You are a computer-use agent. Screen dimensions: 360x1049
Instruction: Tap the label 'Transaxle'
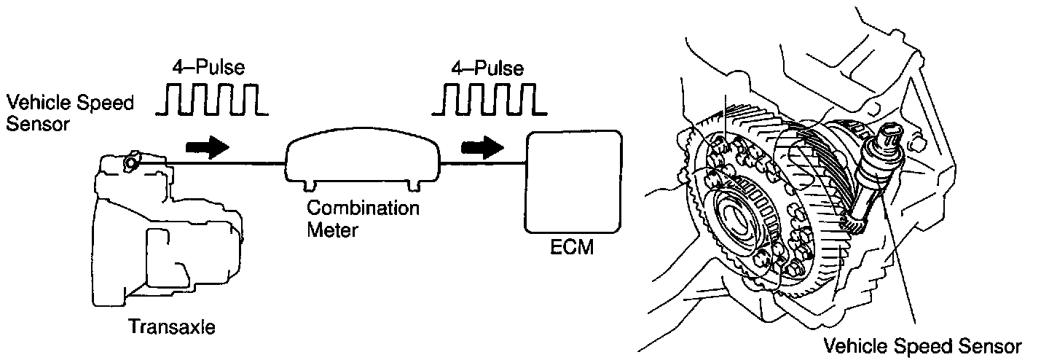[x=172, y=327]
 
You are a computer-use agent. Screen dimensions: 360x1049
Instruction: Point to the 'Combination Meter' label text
[x=362, y=218]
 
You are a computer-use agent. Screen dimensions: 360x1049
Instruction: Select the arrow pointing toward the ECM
[x=482, y=148]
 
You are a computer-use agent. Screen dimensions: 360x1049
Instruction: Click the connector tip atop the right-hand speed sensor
[x=889, y=136]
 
